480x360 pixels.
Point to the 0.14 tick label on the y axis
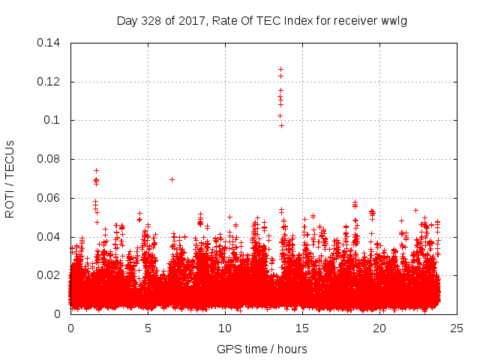(49, 43)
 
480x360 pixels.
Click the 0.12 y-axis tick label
(49, 81)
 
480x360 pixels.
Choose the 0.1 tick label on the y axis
(52, 120)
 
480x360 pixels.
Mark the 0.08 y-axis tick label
(49, 159)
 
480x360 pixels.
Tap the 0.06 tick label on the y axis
(49, 198)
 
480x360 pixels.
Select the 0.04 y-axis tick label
(49, 237)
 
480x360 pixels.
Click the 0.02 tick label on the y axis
(49, 275)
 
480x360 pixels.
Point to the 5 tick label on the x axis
(148, 328)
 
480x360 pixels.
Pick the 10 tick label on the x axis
(225, 328)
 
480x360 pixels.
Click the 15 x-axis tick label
(302, 328)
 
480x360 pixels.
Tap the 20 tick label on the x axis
(379, 328)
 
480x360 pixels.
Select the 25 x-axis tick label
(457, 328)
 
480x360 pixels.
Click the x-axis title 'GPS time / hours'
(262, 349)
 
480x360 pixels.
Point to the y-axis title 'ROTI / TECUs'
(10, 178)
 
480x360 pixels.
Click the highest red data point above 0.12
(280, 69)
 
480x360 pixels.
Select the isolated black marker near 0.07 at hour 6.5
(172, 179)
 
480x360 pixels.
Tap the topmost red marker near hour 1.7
(96, 170)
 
